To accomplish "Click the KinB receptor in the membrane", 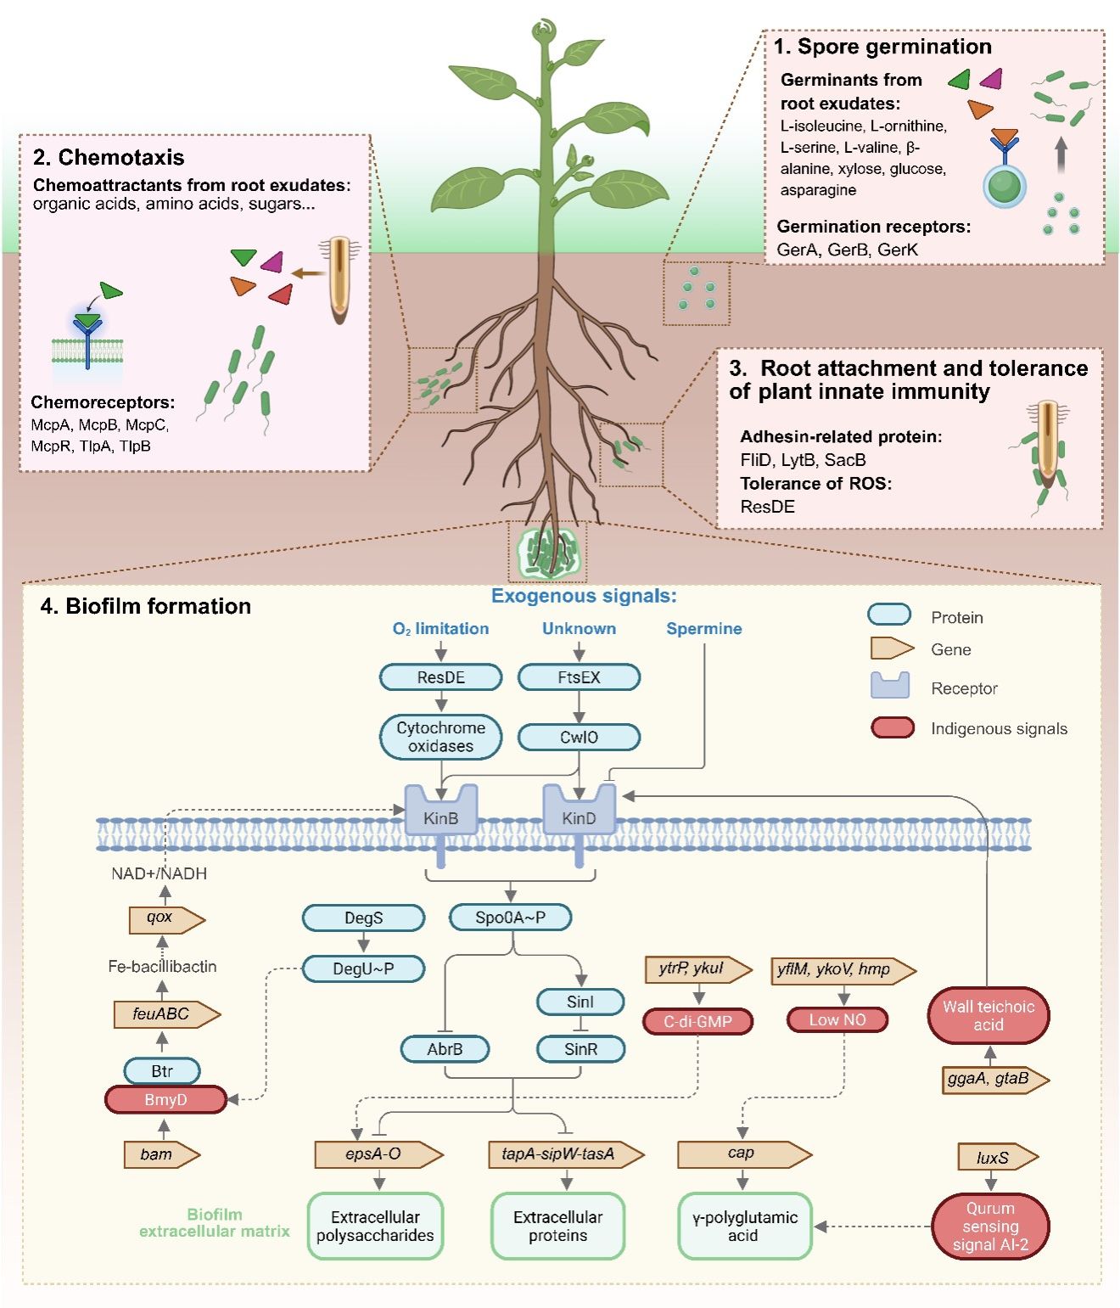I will point(440,816).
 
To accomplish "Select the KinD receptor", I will point(579,816).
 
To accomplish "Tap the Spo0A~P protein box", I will point(510,918).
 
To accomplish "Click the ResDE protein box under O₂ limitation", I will point(440,677).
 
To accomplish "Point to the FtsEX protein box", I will point(579,677).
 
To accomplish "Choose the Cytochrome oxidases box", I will point(440,737).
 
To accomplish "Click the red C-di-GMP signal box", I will point(697,1021).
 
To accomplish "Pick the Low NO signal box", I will point(837,1019).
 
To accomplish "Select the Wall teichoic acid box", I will point(988,1015).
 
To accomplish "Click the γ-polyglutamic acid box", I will point(744,1226).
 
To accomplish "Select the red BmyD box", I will point(165,1099).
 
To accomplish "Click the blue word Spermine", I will point(703,629).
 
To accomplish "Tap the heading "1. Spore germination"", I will point(882,47).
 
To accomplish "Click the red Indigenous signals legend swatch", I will point(892,727).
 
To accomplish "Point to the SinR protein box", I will point(580,1049).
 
